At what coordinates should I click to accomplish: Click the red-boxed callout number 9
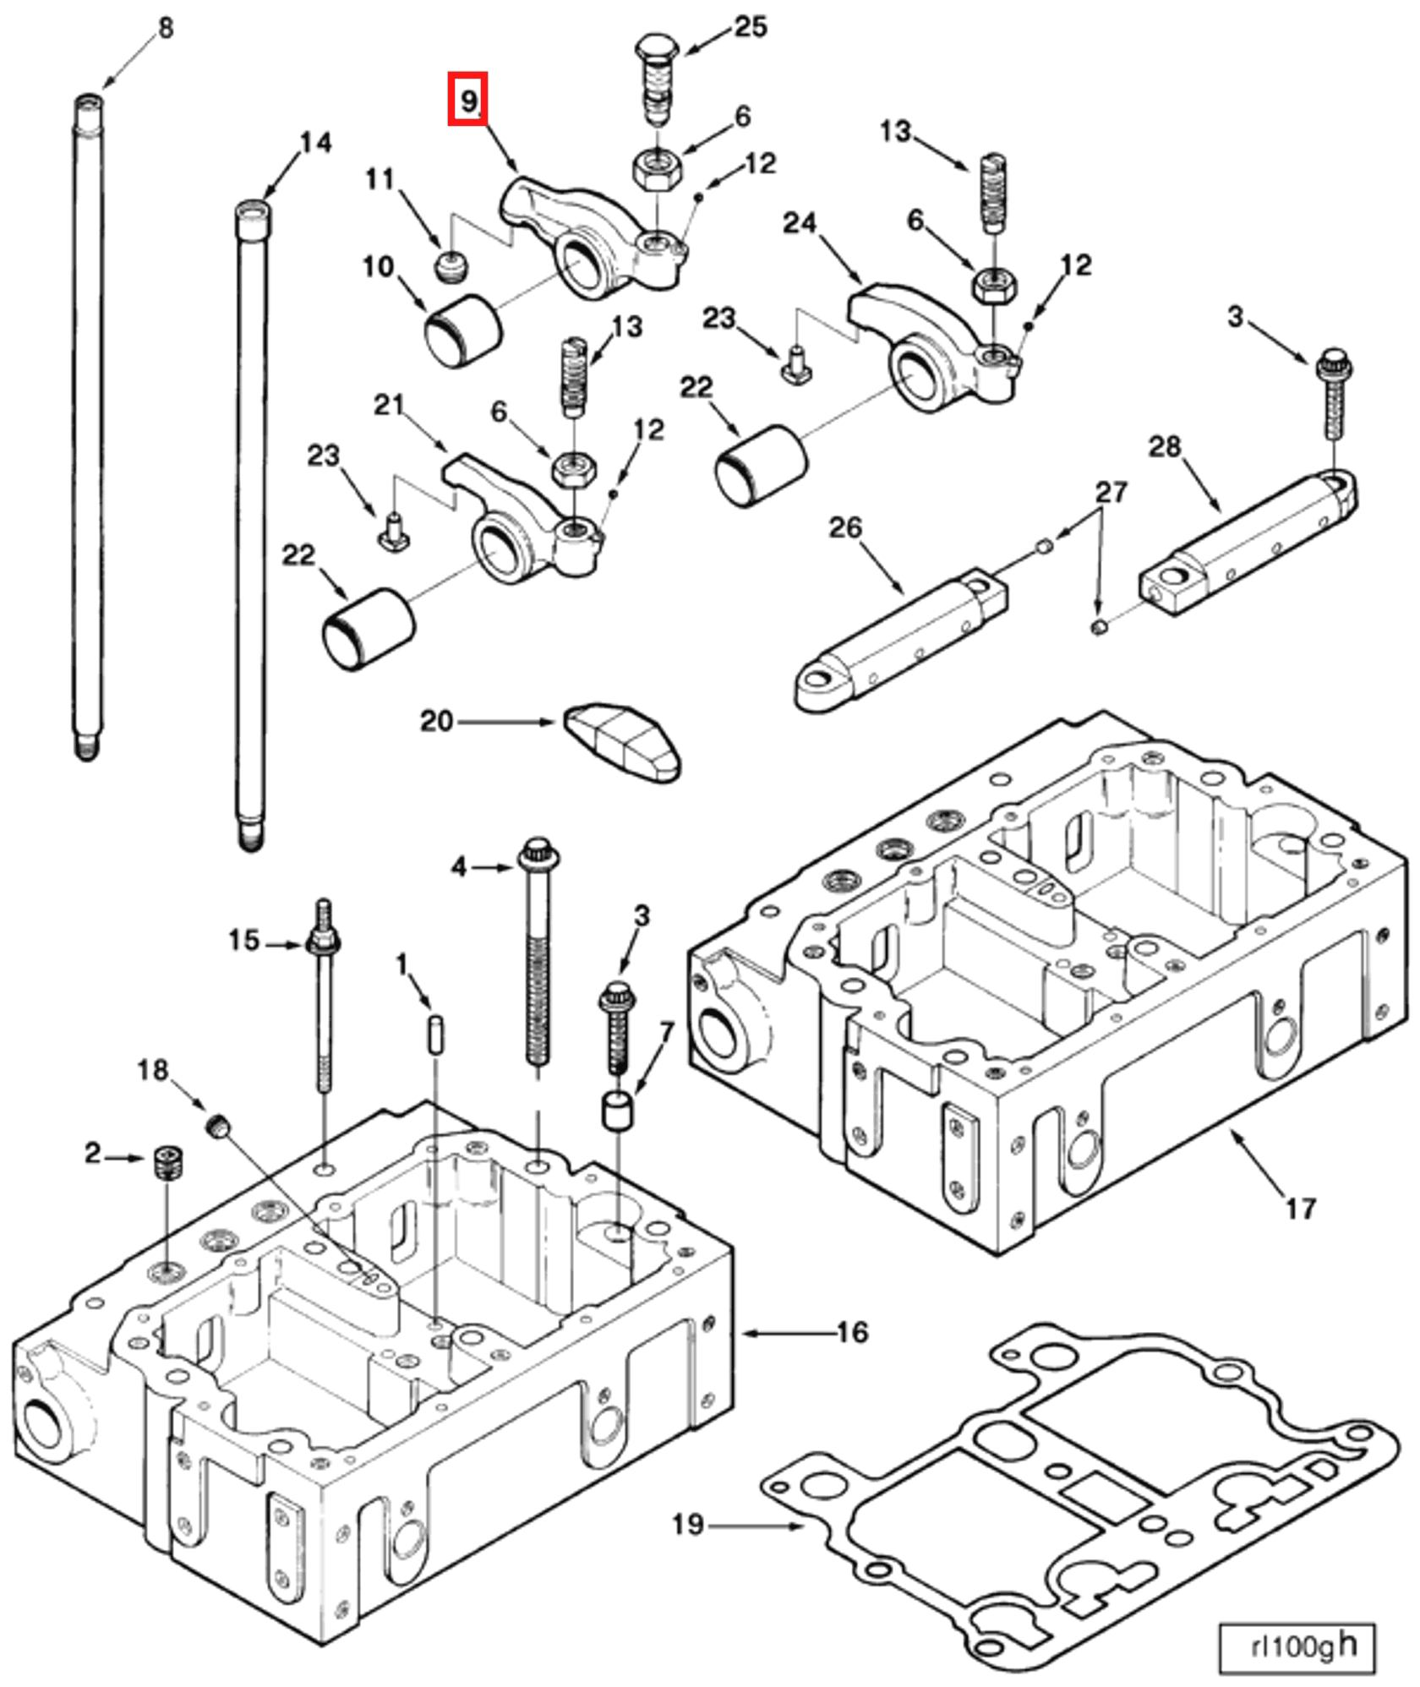point(467,101)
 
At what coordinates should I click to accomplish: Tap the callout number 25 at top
point(750,27)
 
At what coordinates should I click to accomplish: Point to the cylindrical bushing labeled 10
point(462,330)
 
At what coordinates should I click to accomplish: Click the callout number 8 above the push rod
point(166,28)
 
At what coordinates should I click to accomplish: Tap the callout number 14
point(315,143)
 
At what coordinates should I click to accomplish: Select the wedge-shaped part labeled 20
point(623,741)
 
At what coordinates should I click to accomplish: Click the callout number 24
point(799,223)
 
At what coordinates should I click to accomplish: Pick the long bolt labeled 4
point(538,955)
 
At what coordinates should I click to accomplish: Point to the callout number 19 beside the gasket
point(687,1525)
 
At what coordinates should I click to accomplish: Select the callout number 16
point(852,1333)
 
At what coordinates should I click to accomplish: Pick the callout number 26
point(844,527)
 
